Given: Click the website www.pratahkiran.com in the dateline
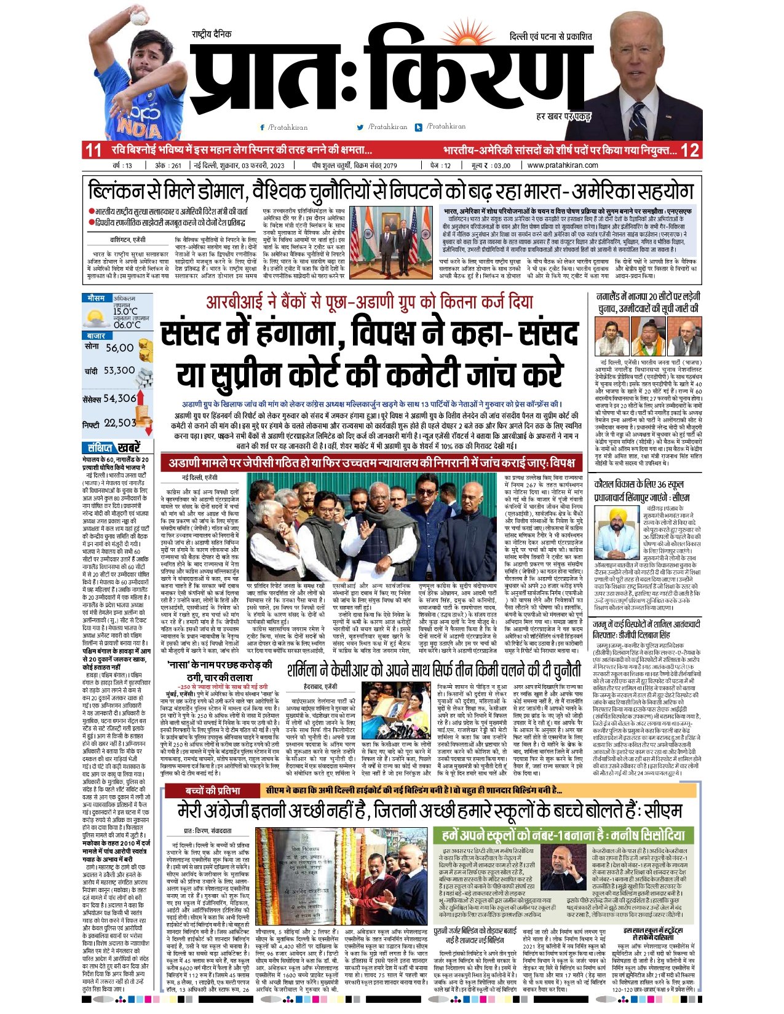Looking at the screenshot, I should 562,165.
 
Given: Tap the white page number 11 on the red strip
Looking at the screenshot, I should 93,150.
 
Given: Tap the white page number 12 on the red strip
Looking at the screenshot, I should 690,150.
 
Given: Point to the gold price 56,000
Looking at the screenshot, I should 119,348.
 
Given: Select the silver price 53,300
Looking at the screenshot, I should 119,371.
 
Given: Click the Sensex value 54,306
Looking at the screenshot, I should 119,398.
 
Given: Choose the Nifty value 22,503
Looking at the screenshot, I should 120,423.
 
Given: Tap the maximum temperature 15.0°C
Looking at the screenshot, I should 125,312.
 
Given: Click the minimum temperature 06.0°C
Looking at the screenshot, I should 127,325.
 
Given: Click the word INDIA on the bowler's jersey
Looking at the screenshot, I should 139,128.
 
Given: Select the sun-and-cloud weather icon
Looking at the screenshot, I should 97,318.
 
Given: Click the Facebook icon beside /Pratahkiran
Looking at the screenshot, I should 263,127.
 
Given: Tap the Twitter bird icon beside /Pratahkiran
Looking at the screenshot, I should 360,127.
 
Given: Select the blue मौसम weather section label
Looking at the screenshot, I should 96,298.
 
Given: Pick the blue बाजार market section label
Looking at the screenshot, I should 97,336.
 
